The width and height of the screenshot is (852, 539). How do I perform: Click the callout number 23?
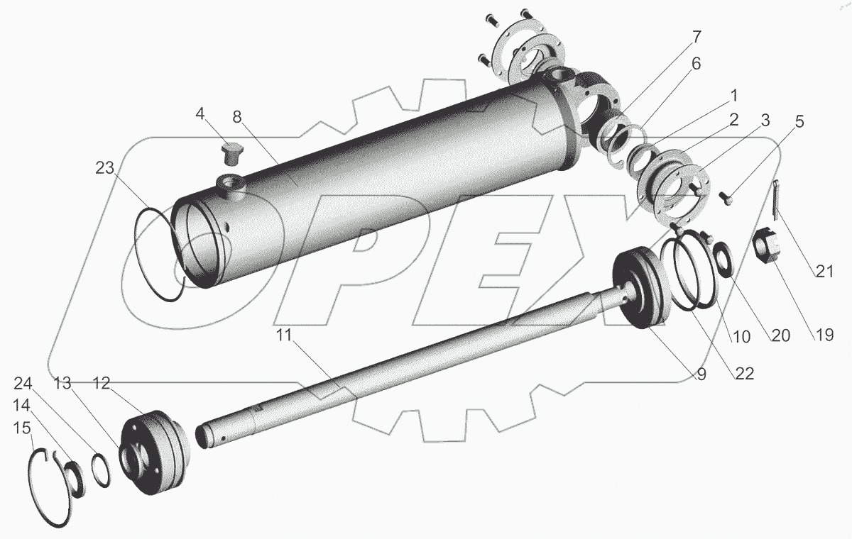104,167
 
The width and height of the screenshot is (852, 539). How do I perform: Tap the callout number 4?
200,113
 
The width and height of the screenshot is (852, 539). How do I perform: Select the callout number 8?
237,116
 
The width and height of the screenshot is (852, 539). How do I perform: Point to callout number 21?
824,271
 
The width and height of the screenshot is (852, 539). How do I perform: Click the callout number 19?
824,335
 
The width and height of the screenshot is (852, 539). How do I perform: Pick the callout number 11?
284,335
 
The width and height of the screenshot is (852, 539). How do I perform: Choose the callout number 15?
22,428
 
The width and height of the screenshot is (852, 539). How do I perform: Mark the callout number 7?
697,37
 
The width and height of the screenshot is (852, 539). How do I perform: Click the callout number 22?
745,374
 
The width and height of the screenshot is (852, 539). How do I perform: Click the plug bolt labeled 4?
231,154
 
